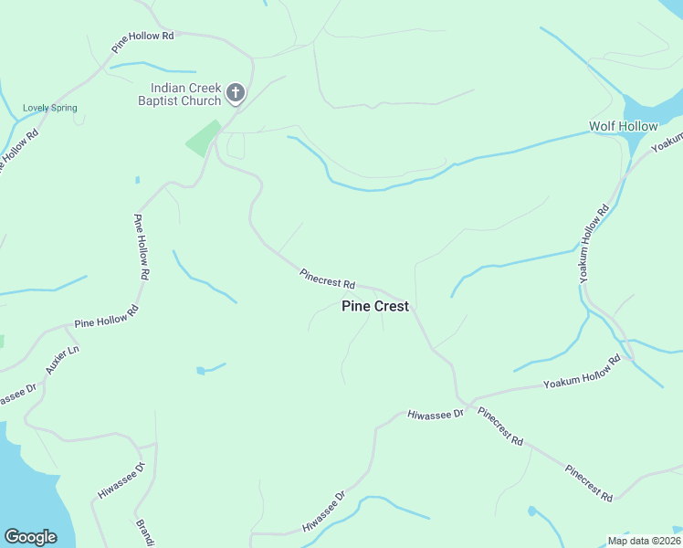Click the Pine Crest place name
[374, 307]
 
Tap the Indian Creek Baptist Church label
[180, 94]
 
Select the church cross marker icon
[236, 92]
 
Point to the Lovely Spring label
[50, 108]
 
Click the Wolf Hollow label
[623, 126]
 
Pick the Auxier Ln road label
[63, 360]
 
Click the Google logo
[30, 537]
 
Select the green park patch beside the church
[203, 138]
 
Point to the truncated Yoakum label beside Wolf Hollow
[667, 143]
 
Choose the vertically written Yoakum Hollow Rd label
[593, 243]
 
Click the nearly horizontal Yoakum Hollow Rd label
[582, 372]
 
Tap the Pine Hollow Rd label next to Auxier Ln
[106, 317]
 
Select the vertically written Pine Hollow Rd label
[142, 240]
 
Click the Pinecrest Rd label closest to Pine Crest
[327, 279]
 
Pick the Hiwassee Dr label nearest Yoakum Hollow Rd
[436, 414]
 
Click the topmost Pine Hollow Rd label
[142, 40]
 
